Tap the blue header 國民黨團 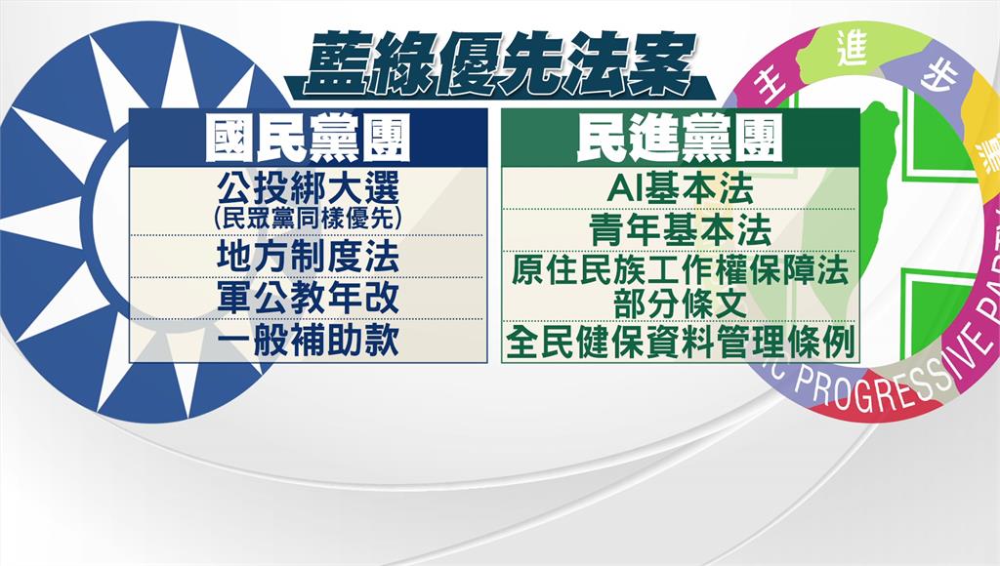coord(308,139)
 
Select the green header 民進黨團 coord(680,139)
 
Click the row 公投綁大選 coord(308,187)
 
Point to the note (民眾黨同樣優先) coord(308,219)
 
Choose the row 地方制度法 coord(308,257)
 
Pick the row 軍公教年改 coord(308,298)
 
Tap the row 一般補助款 coord(308,340)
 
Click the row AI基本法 coord(681,188)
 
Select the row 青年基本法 coord(681,229)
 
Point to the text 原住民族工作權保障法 coord(681,270)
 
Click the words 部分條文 coord(681,304)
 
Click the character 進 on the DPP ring coord(853,49)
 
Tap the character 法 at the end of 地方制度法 coord(382,257)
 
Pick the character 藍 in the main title coord(337,63)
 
